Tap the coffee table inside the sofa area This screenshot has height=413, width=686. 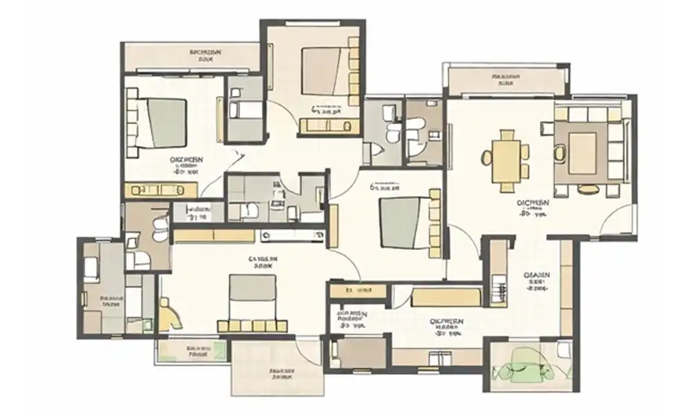[x=583, y=147]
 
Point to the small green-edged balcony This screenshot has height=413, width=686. [x=192, y=351]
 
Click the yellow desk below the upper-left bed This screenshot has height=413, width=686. [x=165, y=189]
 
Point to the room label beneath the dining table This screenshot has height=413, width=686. [x=534, y=206]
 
